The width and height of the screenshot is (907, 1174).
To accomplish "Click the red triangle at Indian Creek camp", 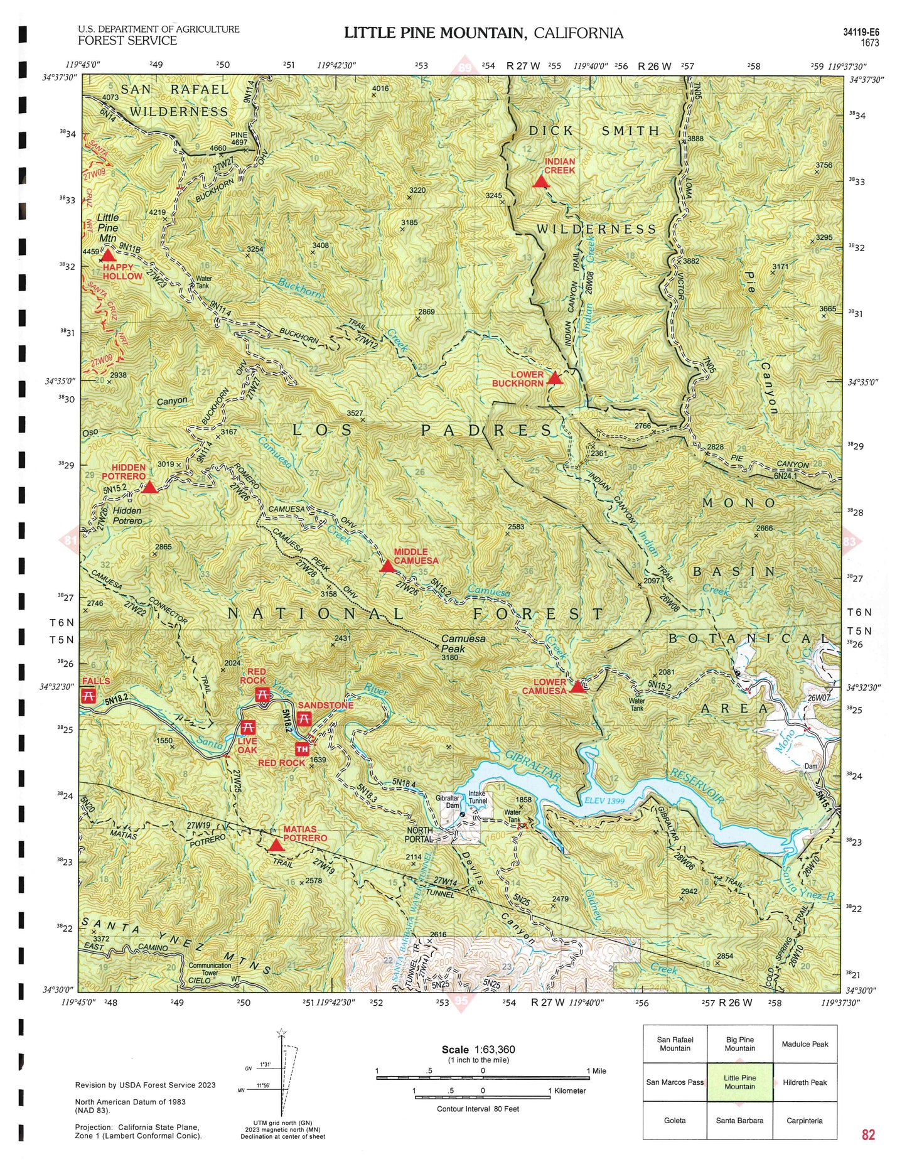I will tap(541, 182).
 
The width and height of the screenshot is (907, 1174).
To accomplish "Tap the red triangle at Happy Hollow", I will tap(108, 256).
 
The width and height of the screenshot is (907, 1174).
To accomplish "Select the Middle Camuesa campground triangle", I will tap(387, 567).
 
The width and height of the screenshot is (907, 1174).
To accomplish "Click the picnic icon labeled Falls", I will tap(89, 696).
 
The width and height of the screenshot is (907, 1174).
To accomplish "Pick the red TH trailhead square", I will tap(302, 749).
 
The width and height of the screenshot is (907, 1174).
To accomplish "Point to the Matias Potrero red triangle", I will tap(276, 846).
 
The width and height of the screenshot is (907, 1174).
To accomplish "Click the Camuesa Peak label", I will tap(463, 644).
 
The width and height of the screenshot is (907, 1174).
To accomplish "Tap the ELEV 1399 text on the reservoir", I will tap(604, 800).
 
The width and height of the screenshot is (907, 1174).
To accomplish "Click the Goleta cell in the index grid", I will tap(675, 1120).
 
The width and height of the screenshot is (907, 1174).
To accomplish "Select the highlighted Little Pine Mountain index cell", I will tap(739, 1082).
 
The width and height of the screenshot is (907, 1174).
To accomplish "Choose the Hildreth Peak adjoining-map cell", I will tap(805, 1082).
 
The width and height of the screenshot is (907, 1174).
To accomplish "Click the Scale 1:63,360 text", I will tap(478, 1050).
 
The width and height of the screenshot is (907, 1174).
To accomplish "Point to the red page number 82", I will tap(868, 1134).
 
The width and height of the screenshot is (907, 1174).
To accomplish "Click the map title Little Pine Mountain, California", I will tap(483, 33).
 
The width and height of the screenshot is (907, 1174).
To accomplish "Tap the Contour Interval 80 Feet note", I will tap(478, 1109).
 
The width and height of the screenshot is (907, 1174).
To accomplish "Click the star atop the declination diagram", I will tap(281, 1033).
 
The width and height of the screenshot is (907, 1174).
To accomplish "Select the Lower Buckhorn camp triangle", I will tap(554, 378).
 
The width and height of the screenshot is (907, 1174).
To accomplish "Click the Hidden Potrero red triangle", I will tap(149, 487).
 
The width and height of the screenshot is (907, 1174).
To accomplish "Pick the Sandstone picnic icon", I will tap(304, 719).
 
